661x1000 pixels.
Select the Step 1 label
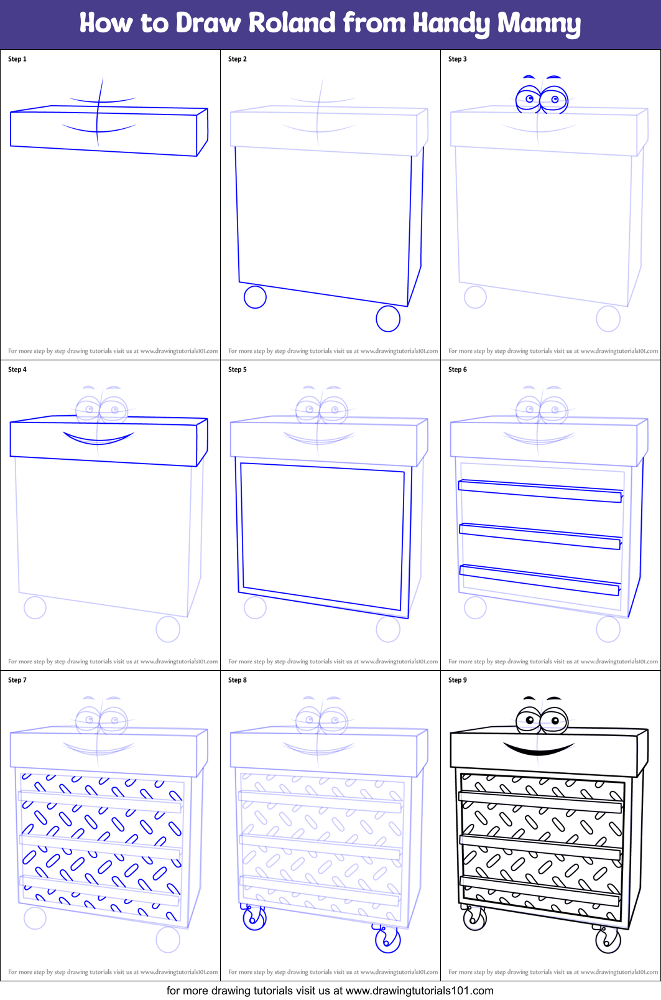[17, 59]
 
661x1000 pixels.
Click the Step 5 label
[238, 370]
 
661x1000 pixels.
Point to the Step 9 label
[458, 680]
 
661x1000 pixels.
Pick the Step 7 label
[17, 680]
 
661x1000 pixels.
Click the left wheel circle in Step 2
[255, 297]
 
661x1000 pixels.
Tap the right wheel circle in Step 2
[388, 319]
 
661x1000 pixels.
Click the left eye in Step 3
[529, 98]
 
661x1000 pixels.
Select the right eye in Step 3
[554, 99]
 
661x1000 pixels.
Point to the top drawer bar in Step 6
[540, 490]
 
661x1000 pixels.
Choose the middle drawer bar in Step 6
[540, 536]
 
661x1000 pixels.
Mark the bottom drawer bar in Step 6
[540, 579]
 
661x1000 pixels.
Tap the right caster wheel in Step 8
[387, 940]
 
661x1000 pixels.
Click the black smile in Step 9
[539, 749]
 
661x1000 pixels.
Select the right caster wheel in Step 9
[608, 940]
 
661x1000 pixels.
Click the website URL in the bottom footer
[419, 991]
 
